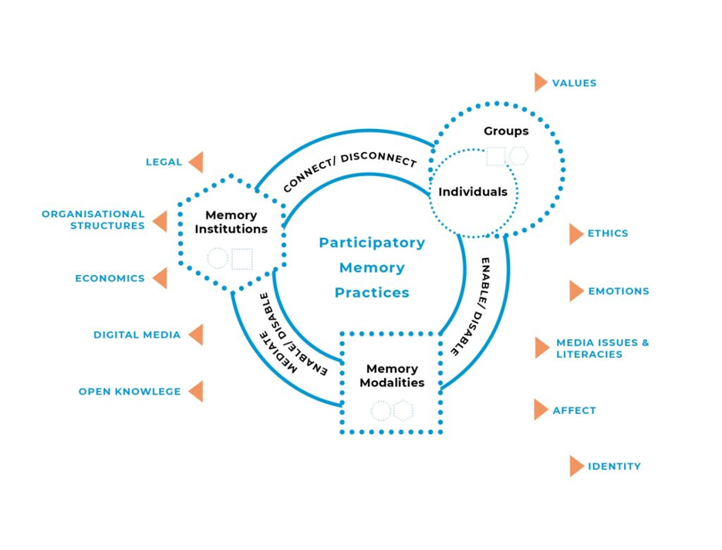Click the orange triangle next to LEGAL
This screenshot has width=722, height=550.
(196, 162)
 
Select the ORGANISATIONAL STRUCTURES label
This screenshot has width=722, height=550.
(93, 220)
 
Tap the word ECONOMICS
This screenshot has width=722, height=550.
(110, 278)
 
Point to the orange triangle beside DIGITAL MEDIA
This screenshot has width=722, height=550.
(196, 334)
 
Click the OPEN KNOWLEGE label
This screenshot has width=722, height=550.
(130, 392)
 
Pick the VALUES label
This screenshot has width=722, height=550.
(574, 83)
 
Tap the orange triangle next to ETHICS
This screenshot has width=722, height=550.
(575, 234)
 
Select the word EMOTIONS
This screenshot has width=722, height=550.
(619, 291)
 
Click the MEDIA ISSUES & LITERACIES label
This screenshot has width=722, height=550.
(602, 348)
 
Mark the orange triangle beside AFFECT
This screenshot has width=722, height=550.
(540, 409)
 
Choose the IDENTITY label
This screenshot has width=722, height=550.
(614, 467)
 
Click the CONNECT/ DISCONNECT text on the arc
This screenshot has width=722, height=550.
(349, 171)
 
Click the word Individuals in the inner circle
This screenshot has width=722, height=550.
(473, 192)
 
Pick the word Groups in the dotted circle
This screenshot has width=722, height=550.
(506, 131)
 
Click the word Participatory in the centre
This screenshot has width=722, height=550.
(372, 243)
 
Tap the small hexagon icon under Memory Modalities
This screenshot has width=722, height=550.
(403, 410)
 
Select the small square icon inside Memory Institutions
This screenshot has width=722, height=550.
(242, 259)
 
